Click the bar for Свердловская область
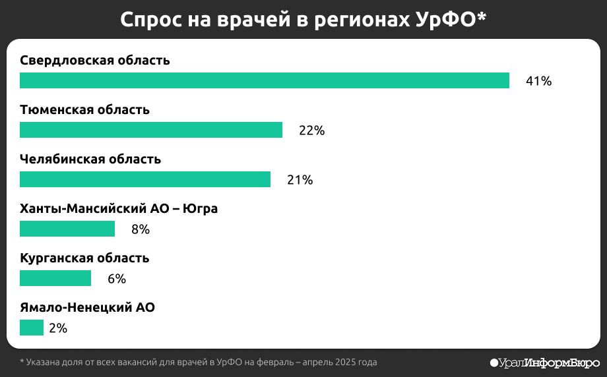(x=264, y=80)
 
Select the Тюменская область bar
(x=150, y=130)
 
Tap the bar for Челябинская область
(x=144, y=179)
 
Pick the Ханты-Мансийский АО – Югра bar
(x=67, y=229)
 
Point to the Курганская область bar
(x=55, y=278)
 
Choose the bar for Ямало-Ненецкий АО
(x=31, y=328)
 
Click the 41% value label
(x=538, y=81)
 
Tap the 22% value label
(x=311, y=130)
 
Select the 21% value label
(x=300, y=180)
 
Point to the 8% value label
(x=140, y=229)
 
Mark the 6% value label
(x=116, y=279)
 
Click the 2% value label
(x=58, y=328)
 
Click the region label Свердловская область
(x=95, y=61)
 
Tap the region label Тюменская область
(x=84, y=110)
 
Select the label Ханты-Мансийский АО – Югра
(x=119, y=209)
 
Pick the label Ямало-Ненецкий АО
(x=87, y=308)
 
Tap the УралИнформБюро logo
(x=545, y=362)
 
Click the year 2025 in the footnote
(x=347, y=362)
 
